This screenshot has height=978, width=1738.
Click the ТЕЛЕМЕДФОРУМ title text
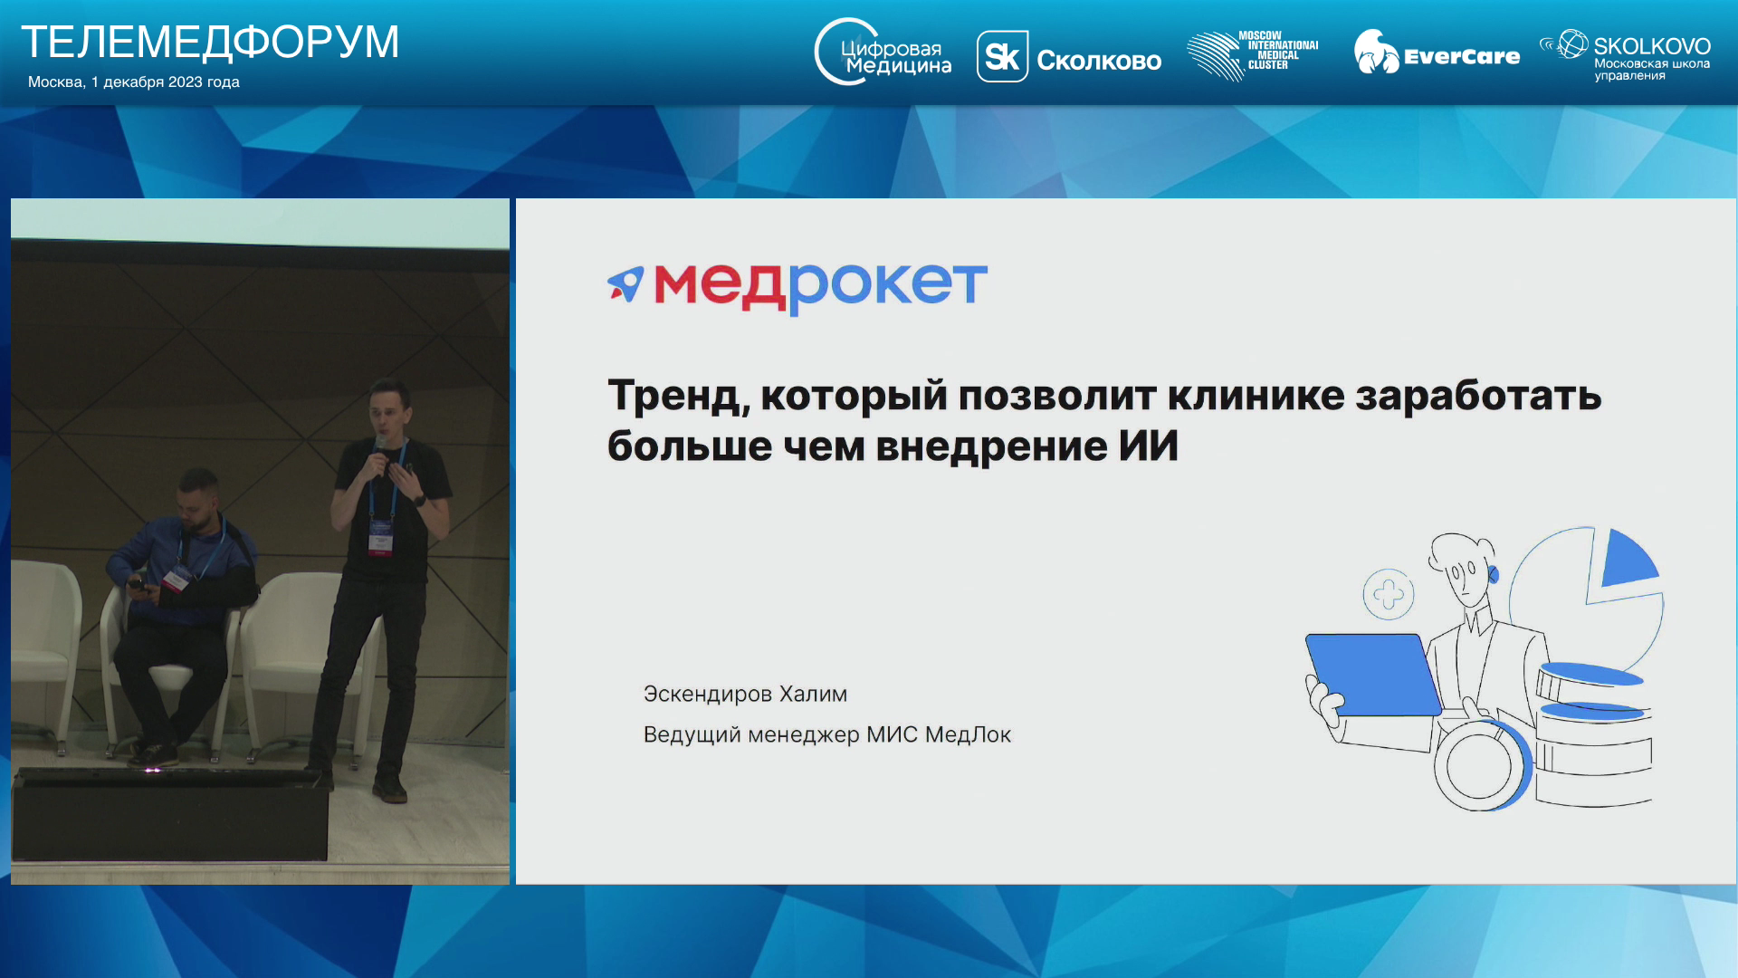pos(210,42)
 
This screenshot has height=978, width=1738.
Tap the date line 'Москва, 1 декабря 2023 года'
pos(134,81)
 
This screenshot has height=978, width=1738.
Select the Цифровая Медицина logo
pos(883,53)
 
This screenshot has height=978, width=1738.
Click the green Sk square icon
pos(1002,56)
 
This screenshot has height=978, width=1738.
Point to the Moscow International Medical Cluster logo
pos(1253,55)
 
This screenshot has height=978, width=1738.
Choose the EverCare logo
pos(1437,53)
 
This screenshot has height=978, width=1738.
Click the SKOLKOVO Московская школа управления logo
pos(1625,55)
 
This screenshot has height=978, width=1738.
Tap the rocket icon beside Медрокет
pos(625,283)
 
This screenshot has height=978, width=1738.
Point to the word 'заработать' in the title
pos(1478,396)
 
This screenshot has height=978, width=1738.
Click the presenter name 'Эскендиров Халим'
pos(745,695)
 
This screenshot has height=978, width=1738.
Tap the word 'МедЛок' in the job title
pos(968,734)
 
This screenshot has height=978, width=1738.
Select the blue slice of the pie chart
pos(1628,559)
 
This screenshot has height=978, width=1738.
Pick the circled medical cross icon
pos(1389,595)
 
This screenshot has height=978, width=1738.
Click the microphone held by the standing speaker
pos(380,447)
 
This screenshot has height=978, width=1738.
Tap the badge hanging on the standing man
pos(379,541)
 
